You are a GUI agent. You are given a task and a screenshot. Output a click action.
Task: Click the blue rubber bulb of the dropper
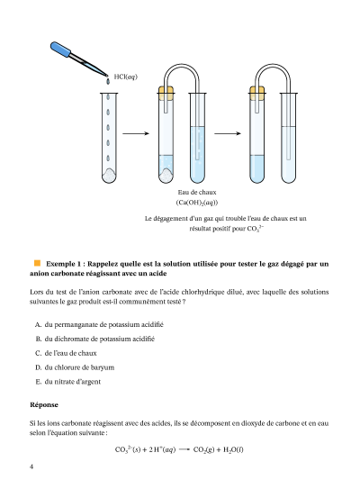pyautogui.click(x=60, y=50)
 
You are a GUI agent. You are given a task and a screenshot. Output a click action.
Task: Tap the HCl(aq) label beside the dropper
pyautogui.click(x=126, y=77)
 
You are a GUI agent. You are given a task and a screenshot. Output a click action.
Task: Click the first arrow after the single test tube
pyautogui.click(x=136, y=133)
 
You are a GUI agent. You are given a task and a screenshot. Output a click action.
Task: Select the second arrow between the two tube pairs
pyautogui.click(x=228, y=133)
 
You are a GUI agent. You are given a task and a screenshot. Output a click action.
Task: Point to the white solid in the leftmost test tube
pyautogui.click(x=109, y=176)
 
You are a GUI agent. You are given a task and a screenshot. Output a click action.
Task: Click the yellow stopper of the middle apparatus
pyautogui.click(x=166, y=93)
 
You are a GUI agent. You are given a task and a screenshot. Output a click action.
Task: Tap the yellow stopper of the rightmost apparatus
pyautogui.click(x=256, y=93)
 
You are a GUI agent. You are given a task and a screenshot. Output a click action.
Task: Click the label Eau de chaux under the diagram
pyautogui.click(x=197, y=192)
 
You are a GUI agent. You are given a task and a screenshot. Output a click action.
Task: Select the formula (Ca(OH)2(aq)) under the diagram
pyautogui.click(x=197, y=203)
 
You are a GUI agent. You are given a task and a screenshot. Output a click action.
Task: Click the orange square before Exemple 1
pyautogui.click(x=37, y=263)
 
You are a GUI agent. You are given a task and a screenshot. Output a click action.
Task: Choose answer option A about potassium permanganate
pyautogui.click(x=99, y=324)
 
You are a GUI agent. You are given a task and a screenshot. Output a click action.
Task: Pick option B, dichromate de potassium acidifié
pyautogui.click(x=95, y=339)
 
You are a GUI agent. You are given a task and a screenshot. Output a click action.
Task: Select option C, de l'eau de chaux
pyautogui.click(x=66, y=353)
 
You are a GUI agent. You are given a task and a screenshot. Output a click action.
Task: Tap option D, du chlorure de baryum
pyautogui.click(x=75, y=367)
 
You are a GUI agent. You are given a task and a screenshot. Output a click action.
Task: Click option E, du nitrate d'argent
pyautogui.click(x=68, y=382)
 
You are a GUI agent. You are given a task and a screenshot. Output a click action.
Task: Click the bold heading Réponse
pyautogui.click(x=44, y=404)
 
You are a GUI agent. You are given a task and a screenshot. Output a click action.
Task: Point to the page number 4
pyautogui.click(x=31, y=466)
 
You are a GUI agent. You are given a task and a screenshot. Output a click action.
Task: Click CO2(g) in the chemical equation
pyautogui.click(x=203, y=449)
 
